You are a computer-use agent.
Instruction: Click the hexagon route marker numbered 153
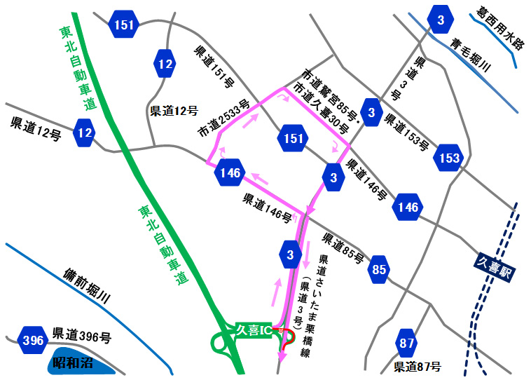[448, 158]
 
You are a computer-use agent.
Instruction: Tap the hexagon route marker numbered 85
[379, 269]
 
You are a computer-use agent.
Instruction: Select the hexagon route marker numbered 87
[406, 344]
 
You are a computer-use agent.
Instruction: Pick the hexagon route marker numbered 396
[33, 341]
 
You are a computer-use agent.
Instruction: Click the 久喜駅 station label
[494, 268]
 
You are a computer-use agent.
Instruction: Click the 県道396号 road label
[81, 336]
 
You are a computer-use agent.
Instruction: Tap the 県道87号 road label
[418, 367]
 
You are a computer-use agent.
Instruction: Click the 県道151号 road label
[213, 67]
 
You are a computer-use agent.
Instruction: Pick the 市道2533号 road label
[223, 118]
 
